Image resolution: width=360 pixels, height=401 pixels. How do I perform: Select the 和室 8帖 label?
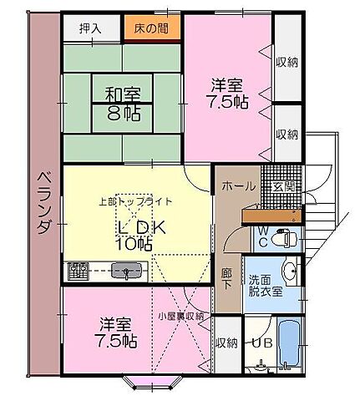(x=122, y=103)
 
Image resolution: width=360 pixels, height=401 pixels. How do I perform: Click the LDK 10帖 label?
(x=134, y=236)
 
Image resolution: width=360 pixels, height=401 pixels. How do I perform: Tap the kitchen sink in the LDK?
(x=126, y=270)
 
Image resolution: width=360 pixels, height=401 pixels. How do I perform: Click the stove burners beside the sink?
(x=79, y=270)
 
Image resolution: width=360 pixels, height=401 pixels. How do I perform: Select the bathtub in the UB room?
(x=291, y=344)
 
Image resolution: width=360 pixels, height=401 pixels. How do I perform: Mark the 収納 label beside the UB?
(x=226, y=343)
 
